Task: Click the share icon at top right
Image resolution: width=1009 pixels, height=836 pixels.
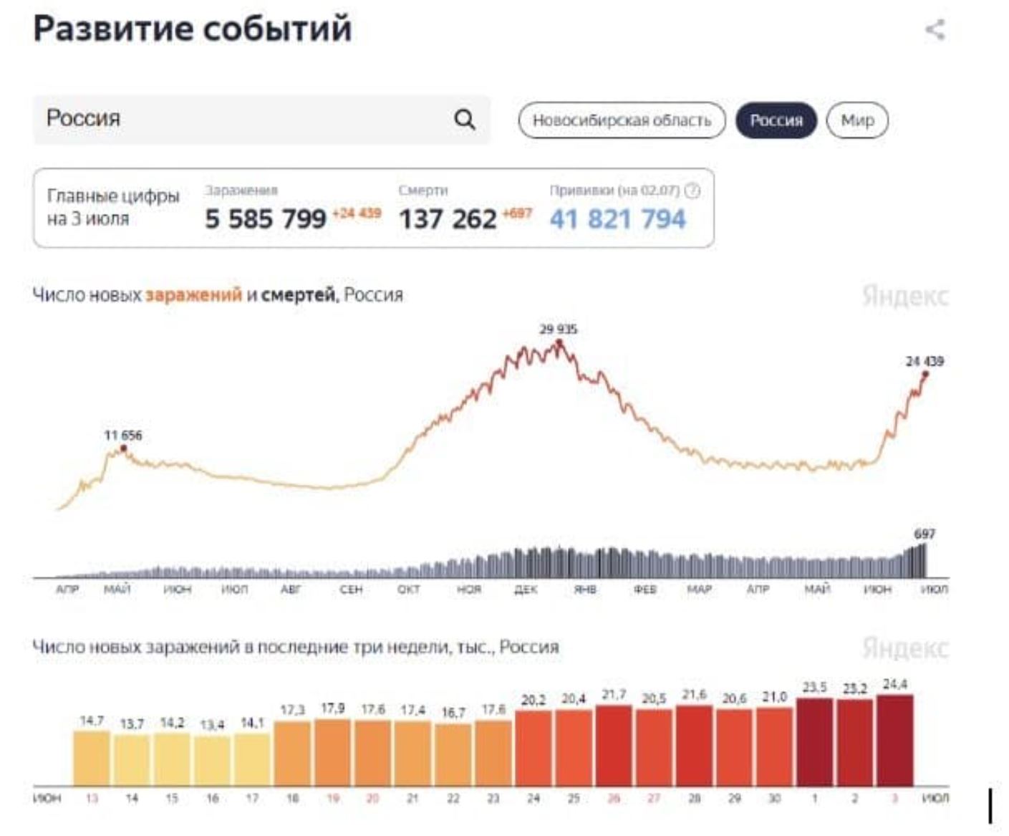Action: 935,30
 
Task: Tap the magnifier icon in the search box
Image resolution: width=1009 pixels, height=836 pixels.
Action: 465,119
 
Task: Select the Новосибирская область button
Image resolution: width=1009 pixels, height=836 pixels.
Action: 622,120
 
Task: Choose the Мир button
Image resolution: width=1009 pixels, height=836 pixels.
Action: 857,120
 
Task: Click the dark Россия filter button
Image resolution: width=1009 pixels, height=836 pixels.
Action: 776,120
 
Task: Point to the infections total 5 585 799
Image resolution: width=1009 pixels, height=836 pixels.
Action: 266,218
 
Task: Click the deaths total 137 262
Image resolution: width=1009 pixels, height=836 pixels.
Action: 448,218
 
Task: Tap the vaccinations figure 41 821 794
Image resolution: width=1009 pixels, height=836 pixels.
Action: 617,218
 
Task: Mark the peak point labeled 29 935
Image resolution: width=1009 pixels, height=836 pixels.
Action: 559,343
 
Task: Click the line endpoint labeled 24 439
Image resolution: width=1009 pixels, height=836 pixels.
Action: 925,374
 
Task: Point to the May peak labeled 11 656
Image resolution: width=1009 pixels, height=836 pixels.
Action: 124,448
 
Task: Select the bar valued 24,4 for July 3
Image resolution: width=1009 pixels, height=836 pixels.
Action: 894,740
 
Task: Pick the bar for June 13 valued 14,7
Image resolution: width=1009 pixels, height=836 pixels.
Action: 92,758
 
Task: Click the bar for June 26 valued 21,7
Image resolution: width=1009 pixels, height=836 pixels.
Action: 613,745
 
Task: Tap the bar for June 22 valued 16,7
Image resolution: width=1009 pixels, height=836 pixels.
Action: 453,754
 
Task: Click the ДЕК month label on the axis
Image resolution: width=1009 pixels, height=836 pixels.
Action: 526,589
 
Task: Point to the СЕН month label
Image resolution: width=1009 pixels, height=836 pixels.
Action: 351,589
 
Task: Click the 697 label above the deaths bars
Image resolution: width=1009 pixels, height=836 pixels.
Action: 924,534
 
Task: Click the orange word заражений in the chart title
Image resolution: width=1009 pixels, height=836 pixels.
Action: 193,295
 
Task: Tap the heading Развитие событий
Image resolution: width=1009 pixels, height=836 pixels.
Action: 193,29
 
